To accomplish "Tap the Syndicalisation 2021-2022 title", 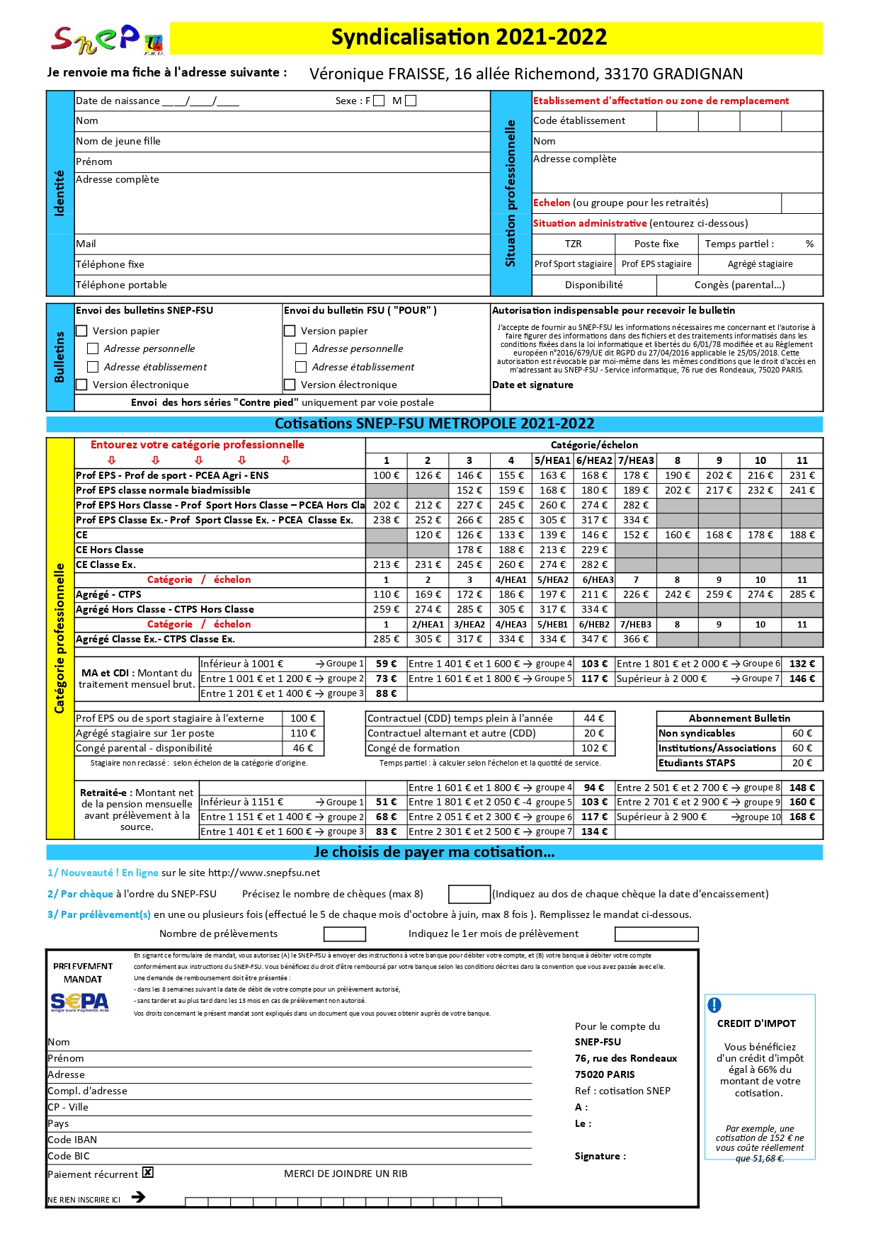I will pyautogui.click(x=469, y=38).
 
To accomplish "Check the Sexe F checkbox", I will pyautogui.click(x=379, y=101).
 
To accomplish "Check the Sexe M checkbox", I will pyautogui.click(x=411, y=101).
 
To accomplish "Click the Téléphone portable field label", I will pyautogui.click(x=121, y=285).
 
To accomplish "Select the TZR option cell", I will pyautogui.click(x=573, y=244).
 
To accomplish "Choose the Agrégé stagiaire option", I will pyautogui.click(x=760, y=264).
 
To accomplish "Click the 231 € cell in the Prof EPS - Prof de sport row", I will pyautogui.click(x=802, y=475).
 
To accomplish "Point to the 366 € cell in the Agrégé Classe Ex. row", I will pyautogui.click(x=636, y=639).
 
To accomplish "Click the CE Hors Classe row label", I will pyautogui.click(x=110, y=550).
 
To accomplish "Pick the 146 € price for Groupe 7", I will pyautogui.click(x=802, y=679).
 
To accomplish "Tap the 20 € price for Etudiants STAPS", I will pyautogui.click(x=802, y=763).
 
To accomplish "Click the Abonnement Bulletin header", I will pyautogui.click(x=739, y=718).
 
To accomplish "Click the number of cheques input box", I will pyautogui.click(x=469, y=894).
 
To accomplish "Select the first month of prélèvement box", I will pyautogui.click(x=656, y=934).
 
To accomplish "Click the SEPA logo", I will pyautogui.click(x=80, y=1001).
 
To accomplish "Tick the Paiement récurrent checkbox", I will pyautogui.click(x=148, y=1172).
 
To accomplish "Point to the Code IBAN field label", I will pyautogui.click(x=72, y=1140).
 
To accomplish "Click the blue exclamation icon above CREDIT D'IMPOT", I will pyautogui.click(x=714, y=1004).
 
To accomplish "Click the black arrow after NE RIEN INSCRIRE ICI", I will pyautogui.click(x=139, y=1196).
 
